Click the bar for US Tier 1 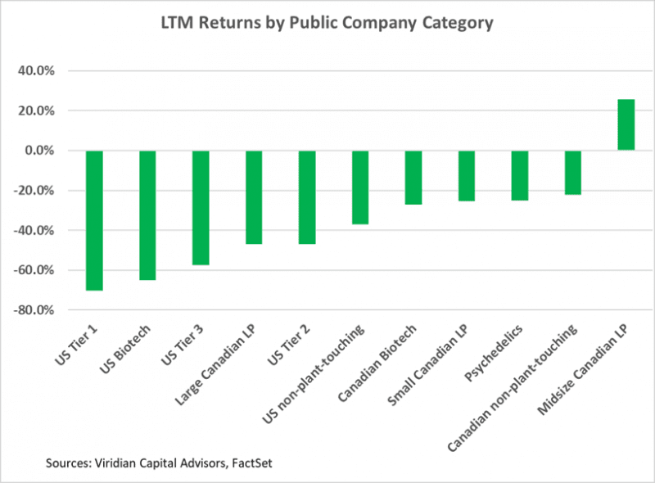coord(94,220)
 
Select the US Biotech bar coord(147,215)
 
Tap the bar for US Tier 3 coord(201,208)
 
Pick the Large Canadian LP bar coord(254,197)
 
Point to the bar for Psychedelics coord(520,175)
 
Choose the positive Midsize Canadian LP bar coord(626,124)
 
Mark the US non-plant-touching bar coord(360,187)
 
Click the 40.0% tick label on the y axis coord(36,70)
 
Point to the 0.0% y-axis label coord(38,151)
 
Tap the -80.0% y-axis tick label coord(34,310)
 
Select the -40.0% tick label coord(34,231)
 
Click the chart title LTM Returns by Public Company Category coord(327,23)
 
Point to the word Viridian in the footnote coord(116,464)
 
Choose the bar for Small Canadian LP coord(467,176)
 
